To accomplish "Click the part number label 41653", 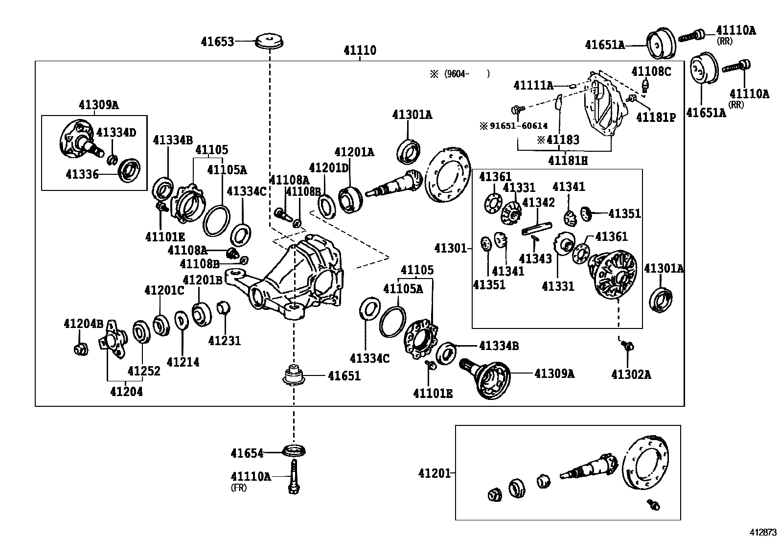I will tap(217, 42).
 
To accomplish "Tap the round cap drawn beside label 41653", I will tap(270, 41).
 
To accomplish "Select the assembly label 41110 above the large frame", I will tap(360, 50).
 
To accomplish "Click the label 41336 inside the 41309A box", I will tap(82, 174).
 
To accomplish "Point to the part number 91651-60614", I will tap(514, 126).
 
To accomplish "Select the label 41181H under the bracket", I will tap(568, 161).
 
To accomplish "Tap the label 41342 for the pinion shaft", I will tap(538, 202).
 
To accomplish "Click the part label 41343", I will tap(535, 258).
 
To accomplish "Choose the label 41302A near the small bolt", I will tap(631, 374).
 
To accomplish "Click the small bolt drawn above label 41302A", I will tap(628, 346).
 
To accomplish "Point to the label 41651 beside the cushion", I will tap(344, 376).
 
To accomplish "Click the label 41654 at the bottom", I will tap(247, 454).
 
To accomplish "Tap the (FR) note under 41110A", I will tap(239, 488).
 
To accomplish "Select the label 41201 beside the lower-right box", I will tap(435, 473).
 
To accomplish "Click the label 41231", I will tap(225, 340).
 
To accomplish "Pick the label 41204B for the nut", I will tap(83, 324).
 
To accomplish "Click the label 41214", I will tap(183, 362).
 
